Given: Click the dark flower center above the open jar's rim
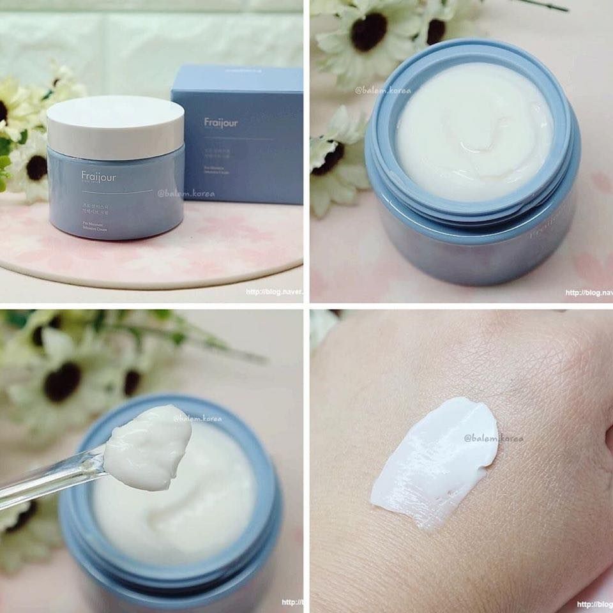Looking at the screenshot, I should click(x=369, y=32).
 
